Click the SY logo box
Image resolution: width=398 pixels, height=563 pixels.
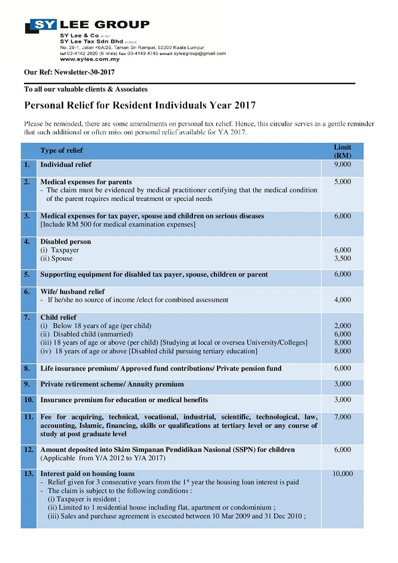point(44,24)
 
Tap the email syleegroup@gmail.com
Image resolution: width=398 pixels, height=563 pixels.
point(200,54)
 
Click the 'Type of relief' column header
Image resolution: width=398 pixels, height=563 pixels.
point(62,150)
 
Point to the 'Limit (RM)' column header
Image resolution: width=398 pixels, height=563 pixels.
point(342,151)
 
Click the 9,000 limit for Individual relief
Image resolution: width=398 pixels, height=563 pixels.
point(342,164)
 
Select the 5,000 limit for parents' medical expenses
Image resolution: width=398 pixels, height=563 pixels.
point(342,182)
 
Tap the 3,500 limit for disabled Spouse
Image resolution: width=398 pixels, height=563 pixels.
point(342,258)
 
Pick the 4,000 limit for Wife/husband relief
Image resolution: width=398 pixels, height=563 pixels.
point(342,300)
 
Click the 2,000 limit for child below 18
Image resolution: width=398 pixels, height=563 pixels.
point(342,326)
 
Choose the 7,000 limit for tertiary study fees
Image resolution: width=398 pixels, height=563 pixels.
point(342,417)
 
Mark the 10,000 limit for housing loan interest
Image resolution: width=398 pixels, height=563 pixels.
point(342,473)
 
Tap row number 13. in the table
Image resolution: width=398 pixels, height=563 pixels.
point(29,473)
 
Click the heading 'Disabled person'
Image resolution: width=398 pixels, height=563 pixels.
point(66,241)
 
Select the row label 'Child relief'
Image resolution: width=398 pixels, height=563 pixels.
point(58,317)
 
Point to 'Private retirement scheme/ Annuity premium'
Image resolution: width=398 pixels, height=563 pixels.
point(112,384)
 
